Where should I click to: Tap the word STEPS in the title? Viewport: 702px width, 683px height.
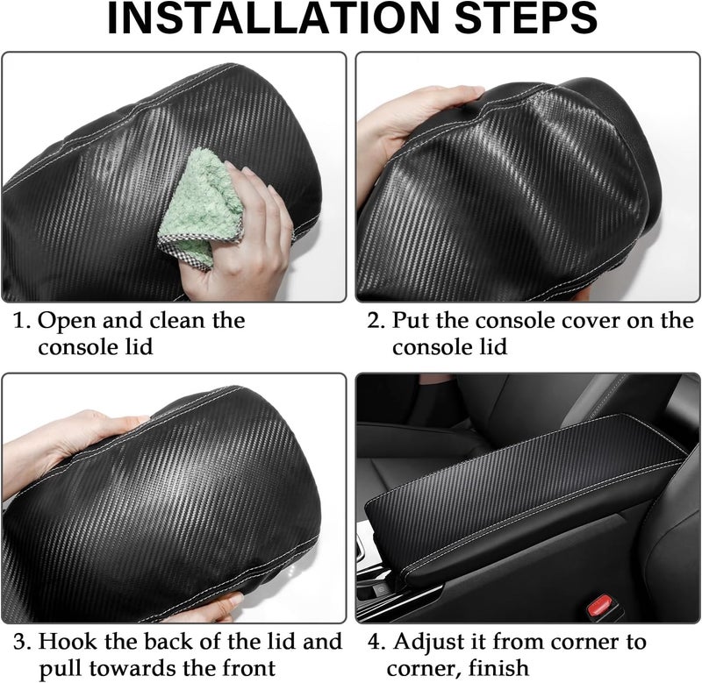coord(526,18)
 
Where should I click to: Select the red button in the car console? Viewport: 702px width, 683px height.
coord(600,605)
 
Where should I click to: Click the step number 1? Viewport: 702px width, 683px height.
coord(20,321)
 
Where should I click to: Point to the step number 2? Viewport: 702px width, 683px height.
coord(376,321)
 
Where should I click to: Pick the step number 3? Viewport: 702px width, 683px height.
coord(21,642)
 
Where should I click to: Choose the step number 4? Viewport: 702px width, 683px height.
coord(376,642)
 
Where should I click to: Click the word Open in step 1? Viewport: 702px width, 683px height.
coord(68,322)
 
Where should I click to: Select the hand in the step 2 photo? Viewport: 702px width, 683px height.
coord(412,121)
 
